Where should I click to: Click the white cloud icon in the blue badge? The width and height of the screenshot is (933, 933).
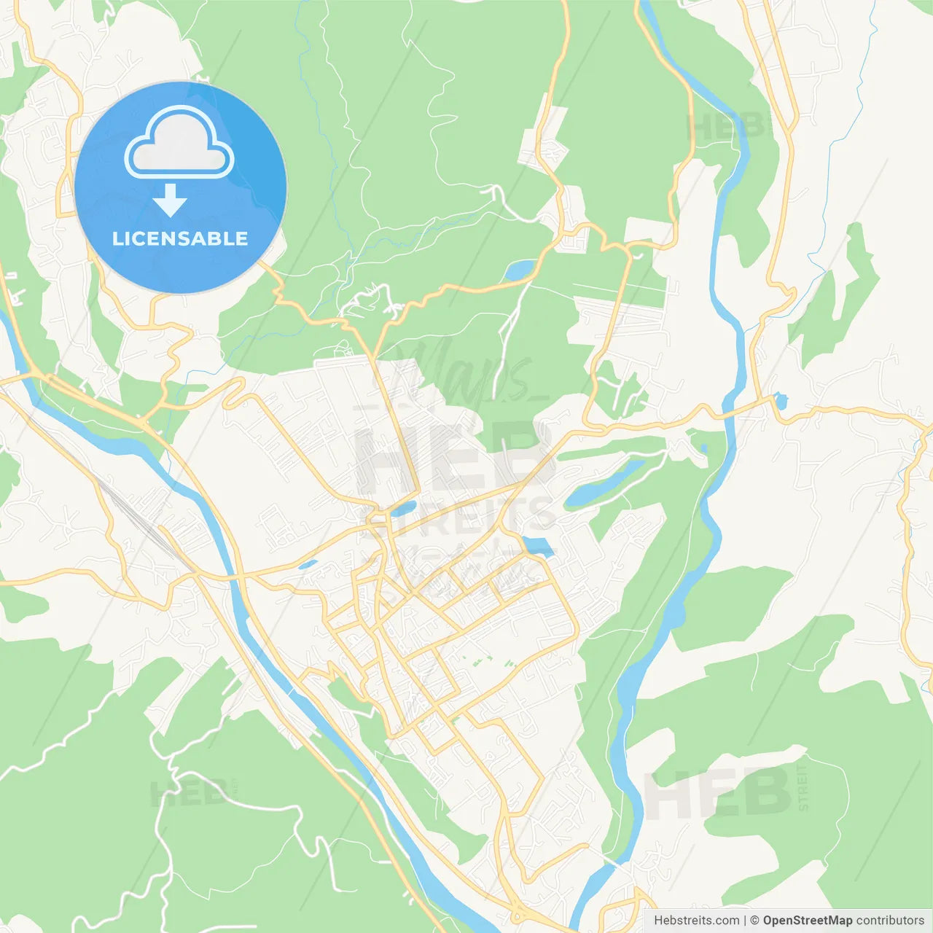coord(179,144)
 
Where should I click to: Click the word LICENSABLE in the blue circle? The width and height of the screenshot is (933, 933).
coord(180,238)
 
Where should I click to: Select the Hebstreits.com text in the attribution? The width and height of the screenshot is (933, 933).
coord(696,921)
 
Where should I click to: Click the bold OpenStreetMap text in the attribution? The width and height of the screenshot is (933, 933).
coord(807,921)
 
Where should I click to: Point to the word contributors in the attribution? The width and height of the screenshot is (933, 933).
coord(890,921)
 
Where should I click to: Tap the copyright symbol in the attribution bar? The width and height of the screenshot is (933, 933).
coord(754,921)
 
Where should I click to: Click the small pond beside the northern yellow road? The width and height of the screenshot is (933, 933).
coord(520,270)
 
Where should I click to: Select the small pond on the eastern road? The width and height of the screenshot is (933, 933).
coord(780,400)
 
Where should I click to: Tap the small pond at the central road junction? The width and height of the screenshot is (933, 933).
coord(403,507)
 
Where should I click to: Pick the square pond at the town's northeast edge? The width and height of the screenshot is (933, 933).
coord(538,546)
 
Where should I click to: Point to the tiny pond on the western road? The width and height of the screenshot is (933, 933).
coord(308,564)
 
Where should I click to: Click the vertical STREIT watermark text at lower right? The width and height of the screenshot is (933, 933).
coord(803,788)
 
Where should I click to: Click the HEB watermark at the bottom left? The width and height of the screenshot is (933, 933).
coord(188,792)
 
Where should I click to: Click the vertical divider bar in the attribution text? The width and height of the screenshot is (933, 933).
coord(744,921)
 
